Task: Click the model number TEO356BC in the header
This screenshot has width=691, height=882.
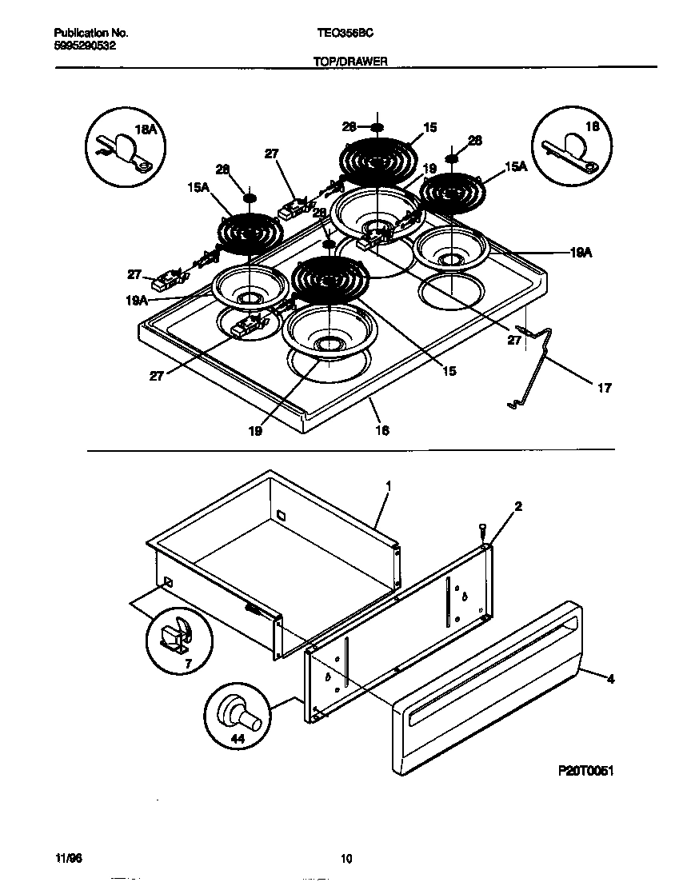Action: point(346,34)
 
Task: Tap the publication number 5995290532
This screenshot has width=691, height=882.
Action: point(86,46)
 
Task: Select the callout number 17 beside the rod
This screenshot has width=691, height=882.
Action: point(604,389)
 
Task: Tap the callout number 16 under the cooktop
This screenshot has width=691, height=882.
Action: point(382,430)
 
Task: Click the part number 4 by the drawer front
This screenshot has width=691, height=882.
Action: point(610,680)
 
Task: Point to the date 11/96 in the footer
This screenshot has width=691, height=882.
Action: point(68,858)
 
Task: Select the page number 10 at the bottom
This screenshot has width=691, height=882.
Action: point(345,860)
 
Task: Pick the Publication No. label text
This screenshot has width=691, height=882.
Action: point(91,34)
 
